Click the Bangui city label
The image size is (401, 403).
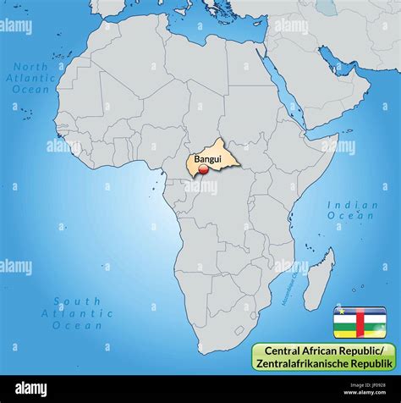point(208,158)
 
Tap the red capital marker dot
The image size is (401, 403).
point(203,170)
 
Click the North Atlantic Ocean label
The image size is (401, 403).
point(30,77)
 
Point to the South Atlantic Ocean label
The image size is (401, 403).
point(77,312)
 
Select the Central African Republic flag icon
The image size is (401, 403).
point(360,322)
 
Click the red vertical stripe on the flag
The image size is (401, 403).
point(360,322)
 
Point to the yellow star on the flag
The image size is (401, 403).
point(338,312)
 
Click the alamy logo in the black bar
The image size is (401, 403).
point(31,389)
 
